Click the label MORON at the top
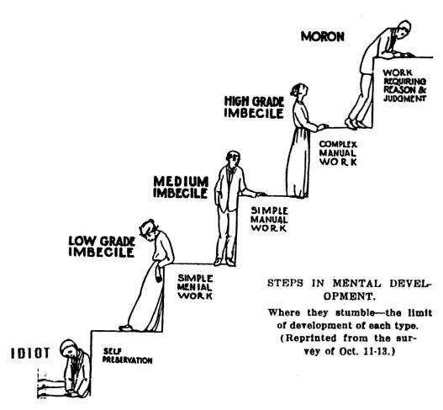pyautogui.click(x=323, y=36)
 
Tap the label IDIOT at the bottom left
pyautogui.click(x=30, y=353)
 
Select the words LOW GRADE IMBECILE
pyautogui.click(x=102, y=247)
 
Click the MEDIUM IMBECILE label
pyautogui.click(x=181, y=187)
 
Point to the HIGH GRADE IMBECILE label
pyautogui.click(x=254, y=107)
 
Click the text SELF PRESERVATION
pyautogui.click(x=127, y=355)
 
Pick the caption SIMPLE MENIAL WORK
pyautogui.click(x=195, y=287)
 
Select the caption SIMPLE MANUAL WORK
pyautogui.click(x=269, y=219)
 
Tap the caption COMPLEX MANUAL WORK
pyautogui.click(x=338, y=153)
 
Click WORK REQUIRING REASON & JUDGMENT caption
pyautogui.click(x=404, y=86)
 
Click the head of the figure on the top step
pyautogui.click(x=403, y=29)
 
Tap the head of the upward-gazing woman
pyautogui.click(x=299, y=91)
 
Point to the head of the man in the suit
pyautogui.click(x=233, y=159)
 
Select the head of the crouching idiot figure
pyautogui.click(x=69, y=349)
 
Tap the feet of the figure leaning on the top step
pyautogui.click(x=356, y=124)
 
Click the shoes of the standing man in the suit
pyautogui.click(x=225, y=263)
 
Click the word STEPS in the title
pyautogui.click(x=285, y=283)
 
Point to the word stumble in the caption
pyautogui.click(x=356, y=313)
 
